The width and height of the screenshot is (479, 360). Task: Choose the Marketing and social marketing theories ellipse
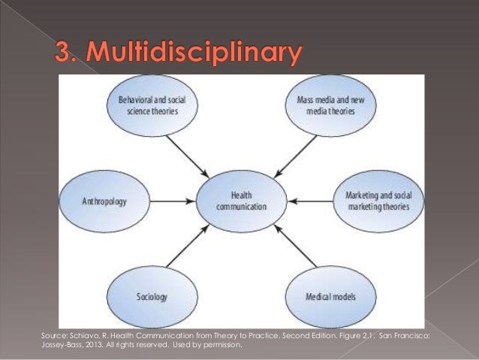tap(378, 201)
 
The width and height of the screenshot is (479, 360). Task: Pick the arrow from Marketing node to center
tap(312, 201)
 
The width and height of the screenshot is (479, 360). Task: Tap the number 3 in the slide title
tap(63, 55)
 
